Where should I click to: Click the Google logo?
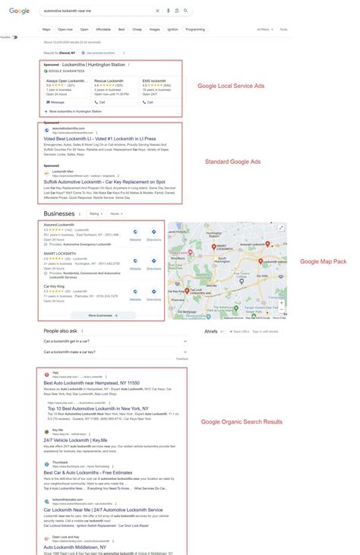(x=20, y=11)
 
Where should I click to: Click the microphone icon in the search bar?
(x=168, y=11)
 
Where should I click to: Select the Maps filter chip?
(x=47, y=29)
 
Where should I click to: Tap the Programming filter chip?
(x=195, y=29)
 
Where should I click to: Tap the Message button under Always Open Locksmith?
(x=56, y=101)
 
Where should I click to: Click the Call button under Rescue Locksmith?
(x=100, y=101)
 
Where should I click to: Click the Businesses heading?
(x=61, y=215)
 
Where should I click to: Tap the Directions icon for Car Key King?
(x=153, y=291)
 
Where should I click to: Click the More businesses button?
(x=103, y=315)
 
